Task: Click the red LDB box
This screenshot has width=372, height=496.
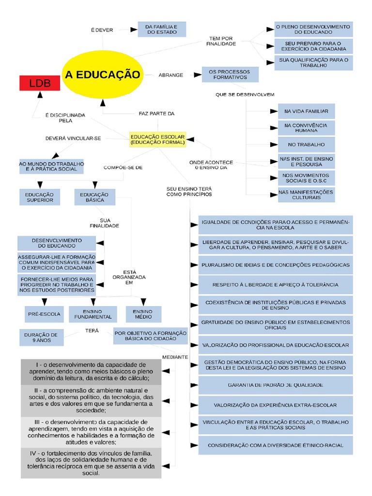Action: point(39,83)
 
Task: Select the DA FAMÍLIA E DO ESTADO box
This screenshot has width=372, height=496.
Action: point(161,29)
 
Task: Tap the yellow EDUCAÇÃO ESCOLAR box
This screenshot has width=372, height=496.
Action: point(157,140)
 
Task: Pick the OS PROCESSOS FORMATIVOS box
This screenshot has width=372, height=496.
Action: point(230,75)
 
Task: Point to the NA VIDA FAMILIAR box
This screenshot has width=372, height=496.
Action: point(306,111)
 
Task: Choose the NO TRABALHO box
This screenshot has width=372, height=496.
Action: point(306,145)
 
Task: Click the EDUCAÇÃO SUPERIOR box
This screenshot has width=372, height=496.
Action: point(40,197)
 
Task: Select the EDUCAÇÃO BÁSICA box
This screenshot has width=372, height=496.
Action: point(95,197)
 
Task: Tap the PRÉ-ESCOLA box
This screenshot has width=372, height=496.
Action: point(44,314)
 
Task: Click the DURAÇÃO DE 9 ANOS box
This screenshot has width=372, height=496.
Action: point(42,337)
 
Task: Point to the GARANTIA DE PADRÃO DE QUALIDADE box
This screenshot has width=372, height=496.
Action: point(276,385)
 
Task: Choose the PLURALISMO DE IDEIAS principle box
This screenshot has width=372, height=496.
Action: point(276,265)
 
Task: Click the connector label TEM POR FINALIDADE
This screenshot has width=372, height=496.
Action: point(221,41)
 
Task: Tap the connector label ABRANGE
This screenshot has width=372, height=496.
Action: point(171,75)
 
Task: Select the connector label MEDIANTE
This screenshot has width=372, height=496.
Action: point(175,356)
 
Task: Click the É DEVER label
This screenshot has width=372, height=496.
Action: point(102,30)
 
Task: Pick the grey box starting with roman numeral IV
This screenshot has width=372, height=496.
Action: point(91,463)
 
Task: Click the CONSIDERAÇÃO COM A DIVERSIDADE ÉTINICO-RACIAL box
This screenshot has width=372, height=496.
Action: point(276,445)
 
